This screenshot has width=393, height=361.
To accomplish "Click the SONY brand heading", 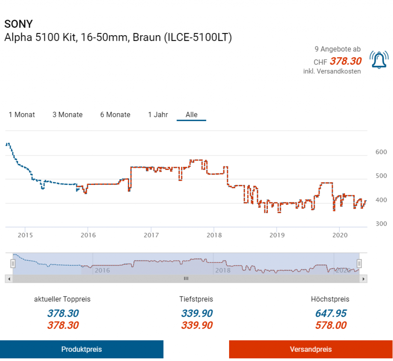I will coord(18,24).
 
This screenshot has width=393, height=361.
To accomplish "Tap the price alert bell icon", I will coord(379,59).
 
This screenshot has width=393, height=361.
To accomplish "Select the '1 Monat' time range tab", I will coord(22,115).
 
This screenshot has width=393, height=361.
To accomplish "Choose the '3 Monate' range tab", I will coord(68,115).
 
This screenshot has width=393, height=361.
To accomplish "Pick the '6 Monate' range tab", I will coord(115,115).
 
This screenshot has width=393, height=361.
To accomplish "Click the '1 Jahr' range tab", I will coord(158,115).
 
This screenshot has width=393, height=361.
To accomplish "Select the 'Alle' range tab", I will coord(192,115).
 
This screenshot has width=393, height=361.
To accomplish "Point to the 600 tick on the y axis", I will coord(381,152).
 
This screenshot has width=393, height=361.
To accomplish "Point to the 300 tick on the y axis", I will coord(381,224).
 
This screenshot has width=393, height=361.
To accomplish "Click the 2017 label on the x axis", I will coord(152,235).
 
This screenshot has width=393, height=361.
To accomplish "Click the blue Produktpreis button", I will coord(82,349).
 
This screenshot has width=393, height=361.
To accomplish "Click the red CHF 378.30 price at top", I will coord(345,61).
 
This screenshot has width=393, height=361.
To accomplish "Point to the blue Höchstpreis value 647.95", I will coord(330,313).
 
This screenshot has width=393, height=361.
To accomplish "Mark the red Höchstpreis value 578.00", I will coord(330,325).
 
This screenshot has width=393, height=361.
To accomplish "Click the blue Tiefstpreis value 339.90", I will coord(196,313).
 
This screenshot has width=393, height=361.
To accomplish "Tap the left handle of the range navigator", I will coord(13,264).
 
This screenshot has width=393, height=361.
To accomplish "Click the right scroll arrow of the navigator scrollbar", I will coord(363,279).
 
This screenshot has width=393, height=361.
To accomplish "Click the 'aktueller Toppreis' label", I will coord(62,299).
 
